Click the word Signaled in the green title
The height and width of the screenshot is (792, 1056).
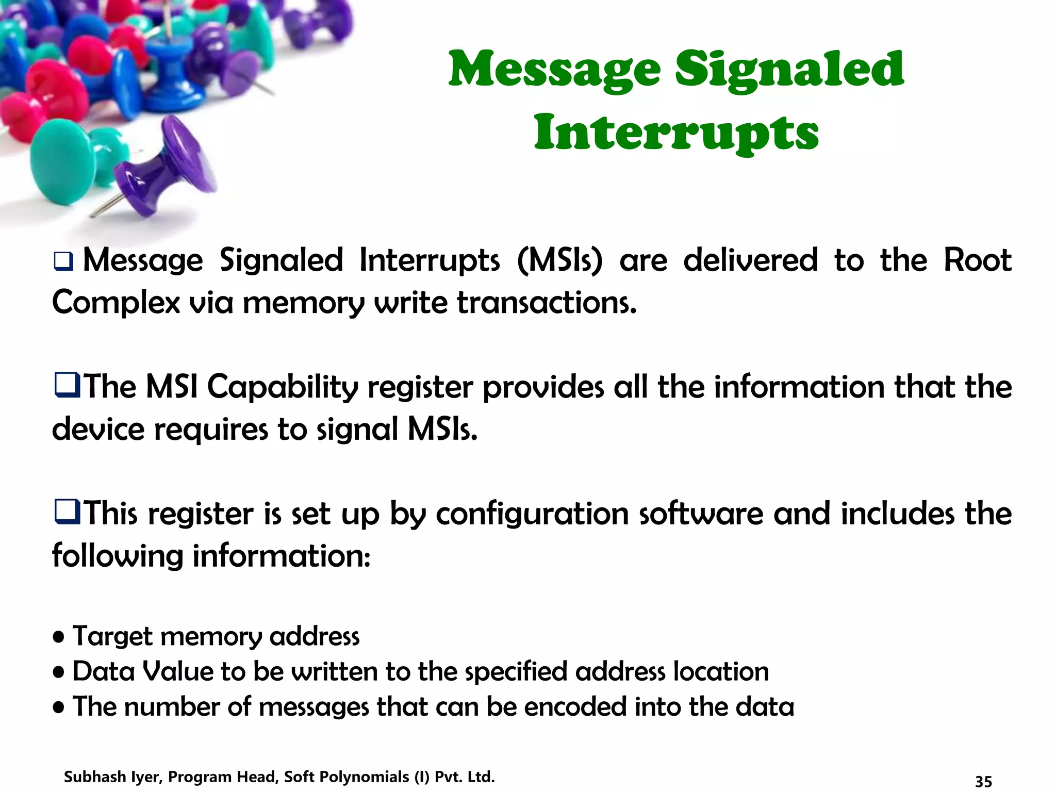(x=789, y=70)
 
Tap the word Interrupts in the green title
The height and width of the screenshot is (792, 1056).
(x=676, y=133)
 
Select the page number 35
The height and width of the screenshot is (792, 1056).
(x=983, y=781)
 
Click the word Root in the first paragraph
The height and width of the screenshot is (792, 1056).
(x=977, y=260)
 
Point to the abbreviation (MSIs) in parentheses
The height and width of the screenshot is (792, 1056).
(x=559, y=260)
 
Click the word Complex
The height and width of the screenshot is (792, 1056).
(x=116, y=303)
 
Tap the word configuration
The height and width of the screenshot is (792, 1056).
(x=532, y=514)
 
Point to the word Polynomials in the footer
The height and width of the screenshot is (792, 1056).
(x=366, y=777)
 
